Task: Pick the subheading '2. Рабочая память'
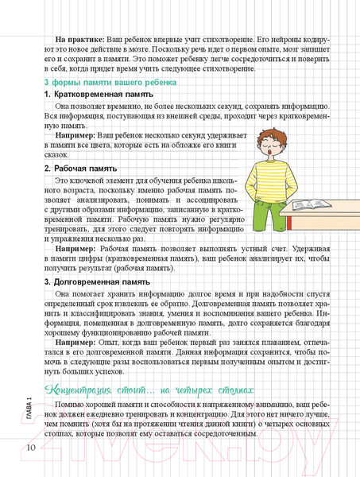[x=80, y=169]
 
